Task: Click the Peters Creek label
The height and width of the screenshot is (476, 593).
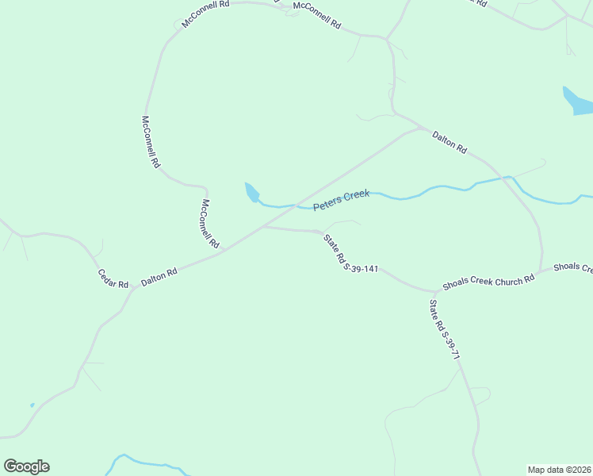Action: click(341, 200)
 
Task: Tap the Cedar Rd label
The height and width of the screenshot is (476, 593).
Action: click(113, 278)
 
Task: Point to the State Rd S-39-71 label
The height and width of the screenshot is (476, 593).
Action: click(444, 329)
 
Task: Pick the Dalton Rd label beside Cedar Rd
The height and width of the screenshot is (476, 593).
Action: click(159, 277)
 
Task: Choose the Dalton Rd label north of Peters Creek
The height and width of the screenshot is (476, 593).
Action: click(450, 143)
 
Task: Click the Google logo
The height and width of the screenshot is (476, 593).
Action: click(26, 466)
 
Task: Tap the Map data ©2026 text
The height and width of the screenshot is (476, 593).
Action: click(559, 470)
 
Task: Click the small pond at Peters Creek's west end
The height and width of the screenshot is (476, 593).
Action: click(251, 192)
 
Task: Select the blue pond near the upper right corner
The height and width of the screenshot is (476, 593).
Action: click(576, 101)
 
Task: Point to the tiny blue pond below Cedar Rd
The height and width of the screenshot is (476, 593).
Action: click(33, 405)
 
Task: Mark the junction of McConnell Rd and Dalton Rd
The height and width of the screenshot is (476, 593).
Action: click(224, 251)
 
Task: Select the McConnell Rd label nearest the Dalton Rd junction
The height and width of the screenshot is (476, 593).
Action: click(209, 224)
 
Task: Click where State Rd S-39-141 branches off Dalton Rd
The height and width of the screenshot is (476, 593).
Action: click(264, 227)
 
